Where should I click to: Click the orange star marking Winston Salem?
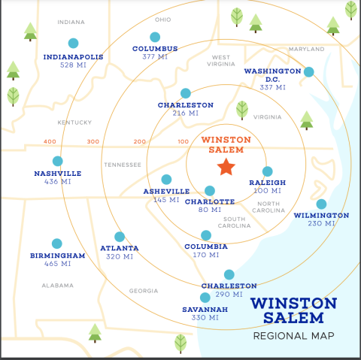click(225, 167)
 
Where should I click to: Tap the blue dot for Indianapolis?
click(73, 44)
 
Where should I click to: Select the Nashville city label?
click(57, 173)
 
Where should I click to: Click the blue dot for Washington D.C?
click(308, 72)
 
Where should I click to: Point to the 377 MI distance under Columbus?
click(155, 57)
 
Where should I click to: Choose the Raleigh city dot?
click(267, 171)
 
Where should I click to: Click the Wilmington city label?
click(321, 215)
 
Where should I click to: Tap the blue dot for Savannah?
click(205, 298)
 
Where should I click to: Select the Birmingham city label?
click(57, 256)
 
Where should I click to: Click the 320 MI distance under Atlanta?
click(119, 256)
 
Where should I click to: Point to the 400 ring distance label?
click(50, 141)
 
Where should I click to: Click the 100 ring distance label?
click(183, 141)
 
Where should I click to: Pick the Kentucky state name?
click(74, 122)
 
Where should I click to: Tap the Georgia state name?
click(144, 291)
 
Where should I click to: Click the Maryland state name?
click(306, 49)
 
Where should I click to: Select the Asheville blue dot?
click(166, 180)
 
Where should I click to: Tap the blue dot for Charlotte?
click(210, 191)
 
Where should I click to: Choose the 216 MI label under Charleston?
click(185, 113)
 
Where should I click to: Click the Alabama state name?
click(58, 286)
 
